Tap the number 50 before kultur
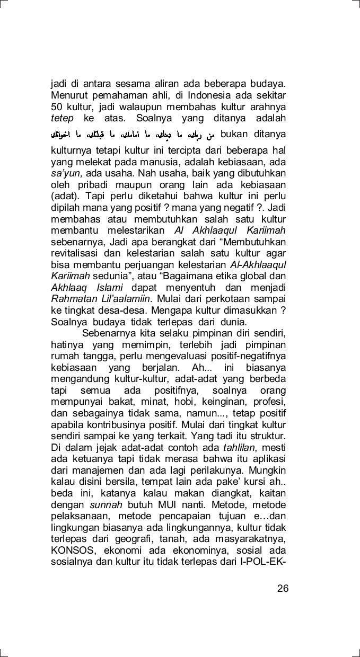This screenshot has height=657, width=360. pos(57,108)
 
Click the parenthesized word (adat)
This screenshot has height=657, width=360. pos(63,197)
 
